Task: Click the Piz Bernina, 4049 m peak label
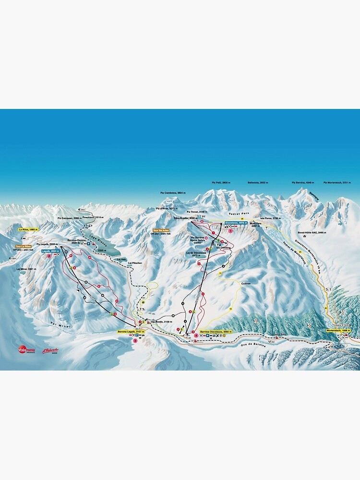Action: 303,183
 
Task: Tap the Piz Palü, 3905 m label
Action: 221,183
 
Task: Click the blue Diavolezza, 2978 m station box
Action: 236,223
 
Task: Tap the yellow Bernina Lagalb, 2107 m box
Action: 131,332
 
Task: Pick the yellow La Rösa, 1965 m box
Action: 27,230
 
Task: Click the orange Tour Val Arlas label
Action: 161,230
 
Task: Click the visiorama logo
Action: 26,349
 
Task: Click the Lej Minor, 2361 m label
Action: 25,269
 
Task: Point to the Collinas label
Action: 246,283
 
